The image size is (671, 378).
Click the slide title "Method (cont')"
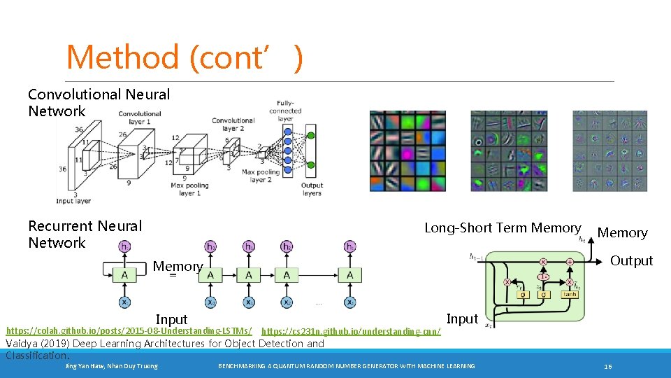185,57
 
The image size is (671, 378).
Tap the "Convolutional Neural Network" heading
99,102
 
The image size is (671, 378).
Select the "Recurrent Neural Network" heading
85,234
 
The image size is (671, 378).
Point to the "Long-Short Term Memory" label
503,227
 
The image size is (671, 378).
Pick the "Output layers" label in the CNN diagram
311,189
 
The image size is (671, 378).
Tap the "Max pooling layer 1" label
190,188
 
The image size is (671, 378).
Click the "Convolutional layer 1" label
140,118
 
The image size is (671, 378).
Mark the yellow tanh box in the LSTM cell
570,295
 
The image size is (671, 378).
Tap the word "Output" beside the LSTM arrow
631,260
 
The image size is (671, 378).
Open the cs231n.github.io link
351,330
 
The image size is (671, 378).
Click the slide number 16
608,366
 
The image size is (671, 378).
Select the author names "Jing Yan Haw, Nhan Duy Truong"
111,366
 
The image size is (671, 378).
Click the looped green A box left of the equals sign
124,275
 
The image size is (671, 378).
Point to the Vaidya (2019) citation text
164,349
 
